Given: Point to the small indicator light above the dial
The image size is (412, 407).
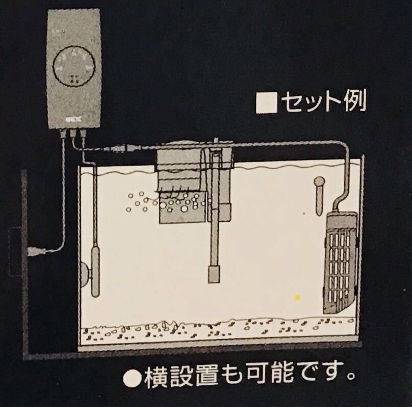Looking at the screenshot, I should tap(63, 32).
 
